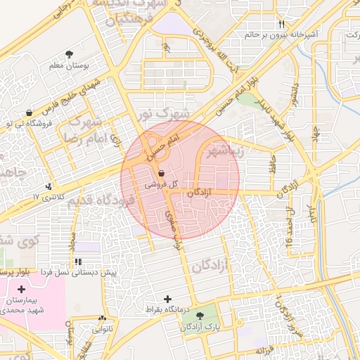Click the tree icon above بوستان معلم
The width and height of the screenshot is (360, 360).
[68, 54]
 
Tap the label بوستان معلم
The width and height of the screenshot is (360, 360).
[69, 65]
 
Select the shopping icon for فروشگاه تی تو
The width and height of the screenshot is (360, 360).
[28, 112]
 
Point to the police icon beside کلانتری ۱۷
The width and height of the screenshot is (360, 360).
[49, 186]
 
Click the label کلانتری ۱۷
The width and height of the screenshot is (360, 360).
[49, 197]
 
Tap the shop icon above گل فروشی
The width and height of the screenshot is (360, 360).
[162, 174]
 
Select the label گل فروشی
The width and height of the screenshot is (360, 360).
[157, 185]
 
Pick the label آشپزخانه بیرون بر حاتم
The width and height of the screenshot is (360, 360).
[281, 34]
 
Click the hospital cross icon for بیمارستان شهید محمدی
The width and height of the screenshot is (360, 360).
[21, 289]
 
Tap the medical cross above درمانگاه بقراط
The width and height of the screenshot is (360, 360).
[167, 298]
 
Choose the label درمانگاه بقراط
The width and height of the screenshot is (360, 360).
[163, 309]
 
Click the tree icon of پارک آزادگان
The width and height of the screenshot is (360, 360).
[202, 316]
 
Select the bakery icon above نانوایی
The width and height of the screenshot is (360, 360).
[103, 318]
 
